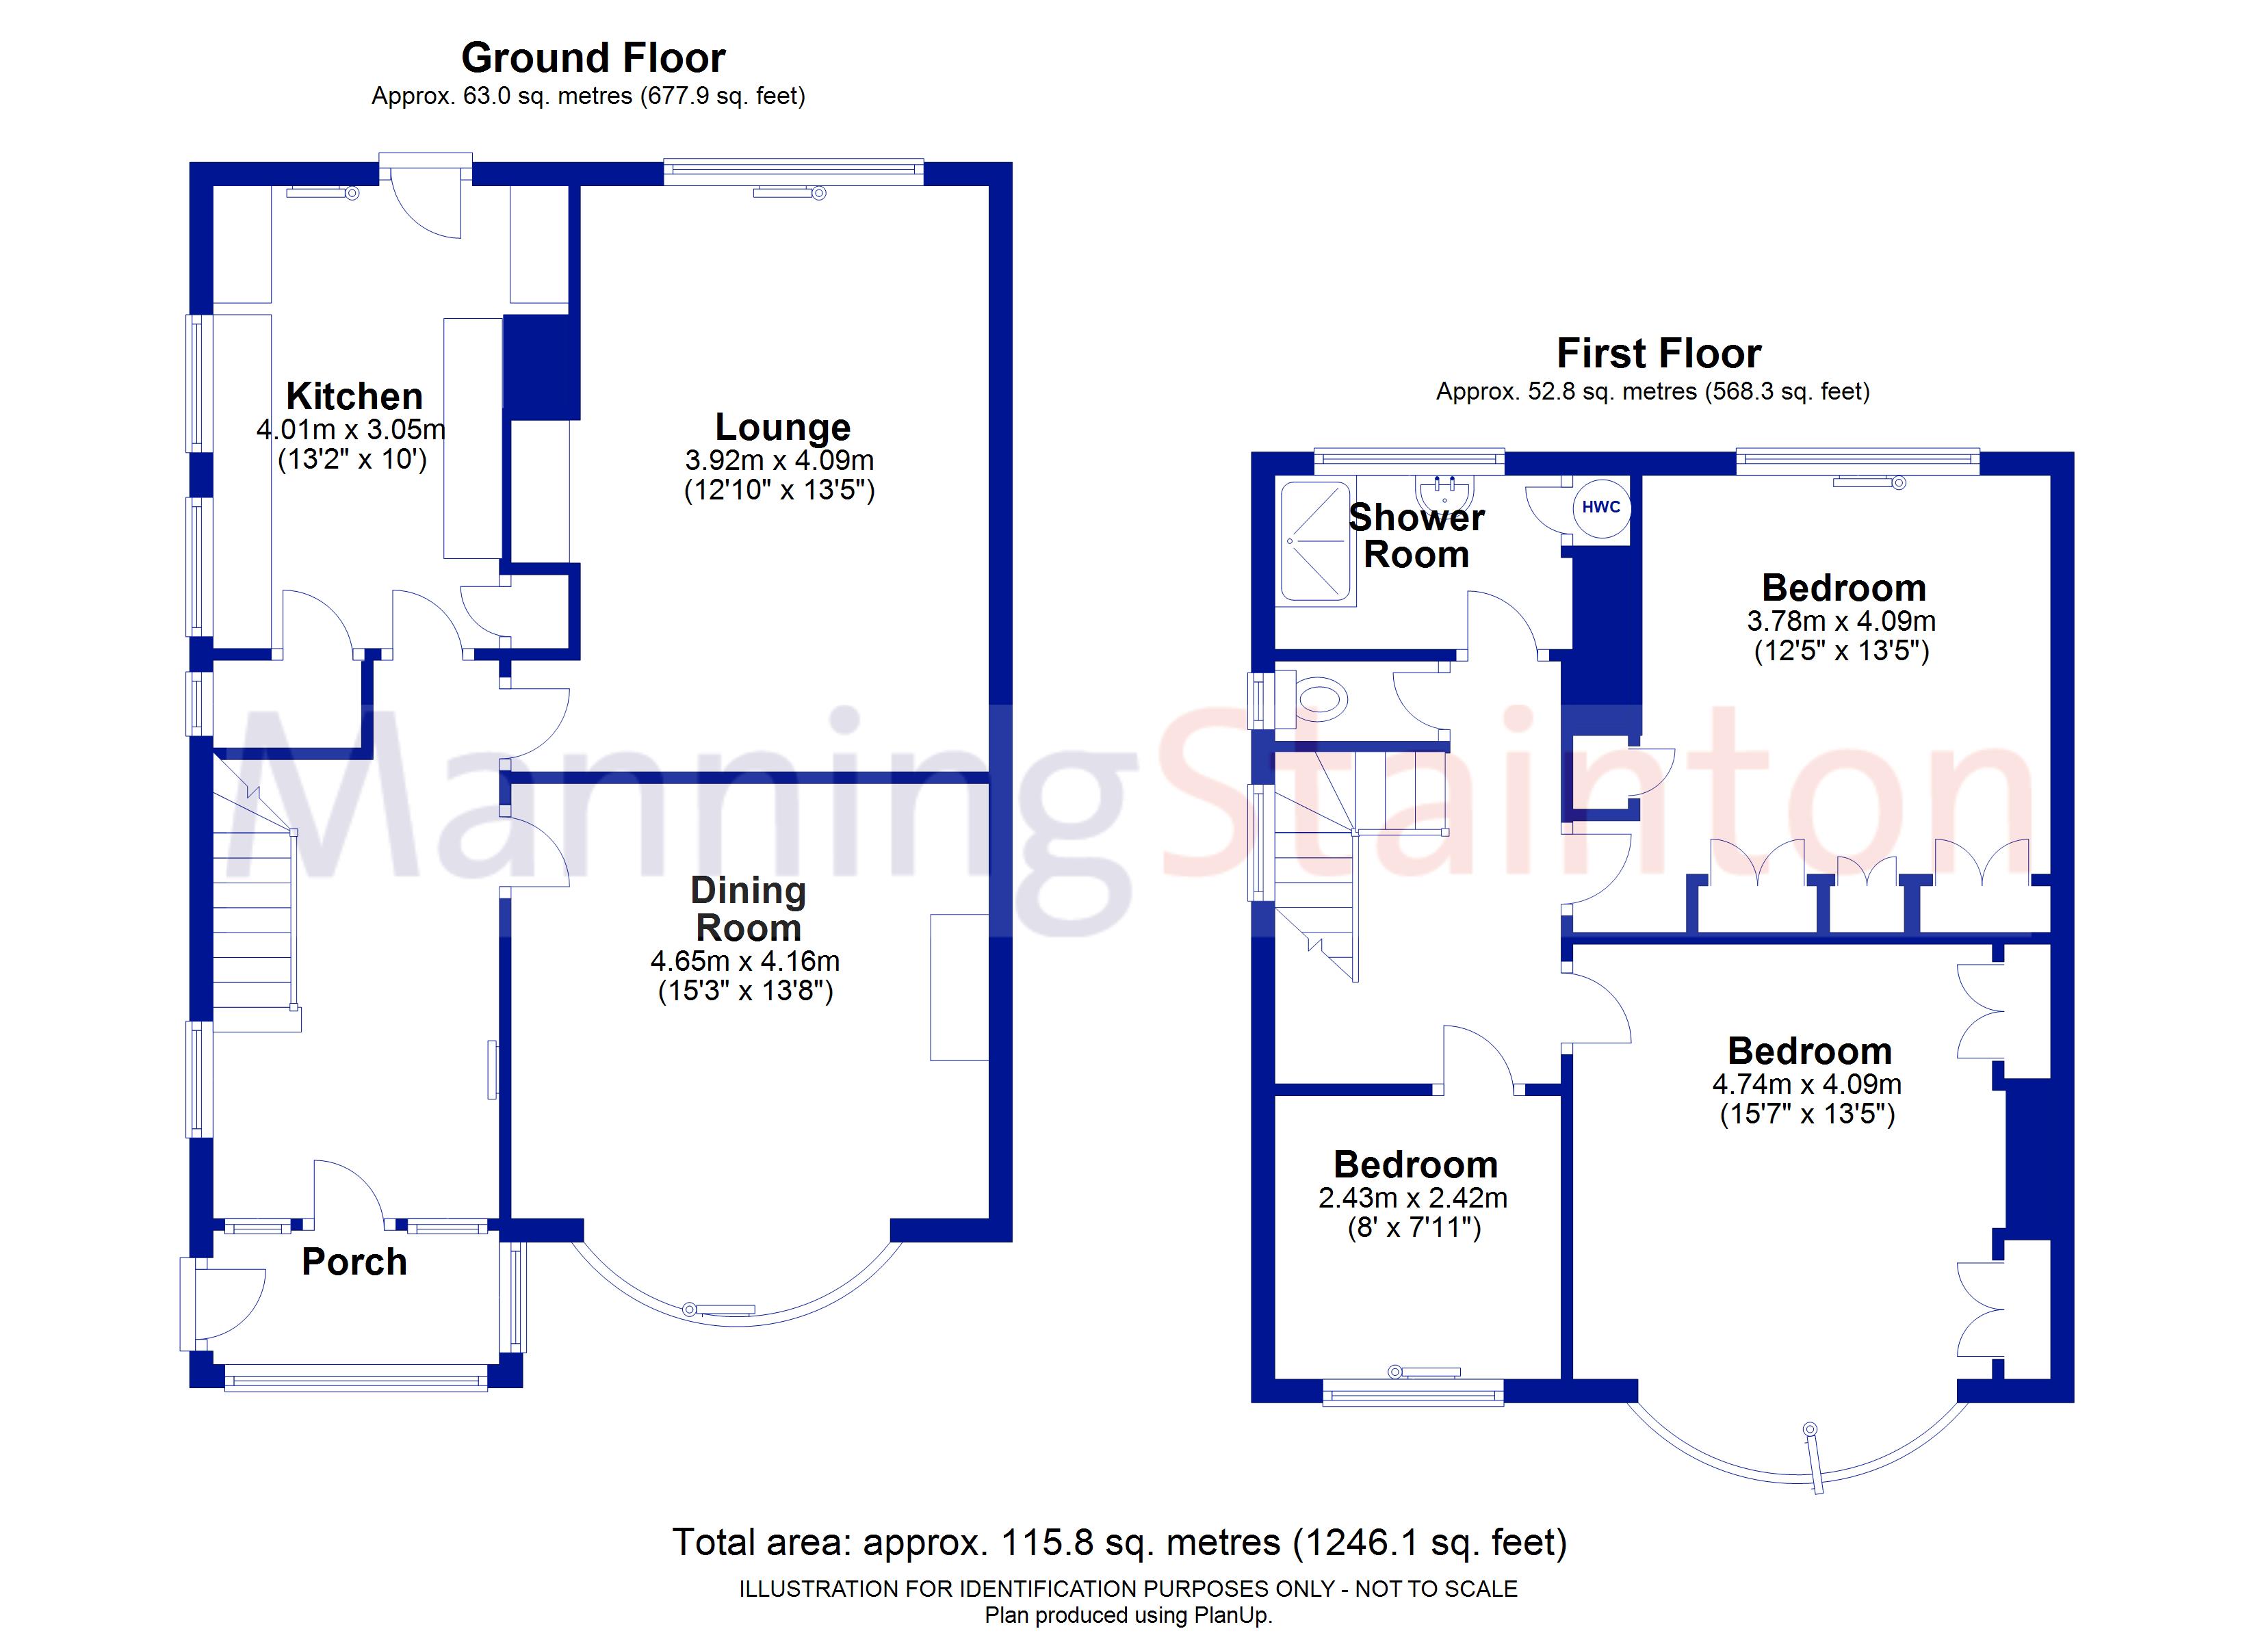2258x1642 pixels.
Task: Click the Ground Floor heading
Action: pyautogui.click(x=593, y=57)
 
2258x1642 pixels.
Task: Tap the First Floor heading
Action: pyautogui.click(x=1659, y=354)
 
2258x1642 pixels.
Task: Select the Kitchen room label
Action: pyautogui.click(x=354, y=396)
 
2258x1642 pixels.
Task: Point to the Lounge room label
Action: pyautogui.click(x=783, y=427)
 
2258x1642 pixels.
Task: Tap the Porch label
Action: pyautogui.click(x=354, y=1262)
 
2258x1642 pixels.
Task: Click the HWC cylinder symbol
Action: pyautogui.click(x=1601, y=508)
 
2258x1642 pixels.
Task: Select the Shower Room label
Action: pyautogui.click(x=1416, y=536)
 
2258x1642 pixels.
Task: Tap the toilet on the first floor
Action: pyautogui.click(x=1319, y=700)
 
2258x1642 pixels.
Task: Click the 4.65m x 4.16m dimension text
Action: pyautogui.click(x=744, y=961)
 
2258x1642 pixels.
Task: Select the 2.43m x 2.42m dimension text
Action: pyautogui.click(x=1413, y=1198)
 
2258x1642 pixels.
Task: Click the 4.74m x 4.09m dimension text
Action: pyautogui.click(x=1807, y=1084)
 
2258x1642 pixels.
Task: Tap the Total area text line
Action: pyautogui.click(x=1120, y=1542)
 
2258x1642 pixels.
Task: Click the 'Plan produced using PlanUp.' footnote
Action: pyautogui.click(x=1128, y=1616)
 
